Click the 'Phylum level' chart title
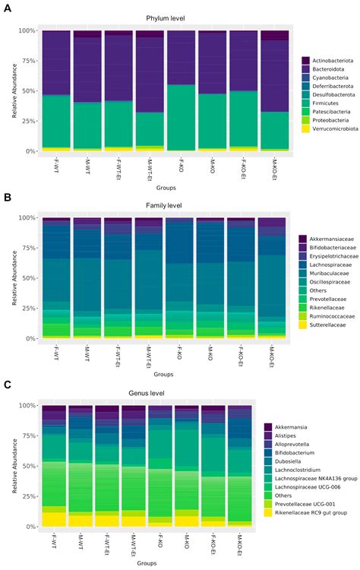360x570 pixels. pyautogui.click(x=165, y=18)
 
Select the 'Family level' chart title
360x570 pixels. pyautogui.click(x=165, y=206)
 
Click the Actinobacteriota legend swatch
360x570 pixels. pyautogui.click(x=305, y=60)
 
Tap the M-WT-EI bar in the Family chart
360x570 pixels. pyautogui.click(x=149, y=277)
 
